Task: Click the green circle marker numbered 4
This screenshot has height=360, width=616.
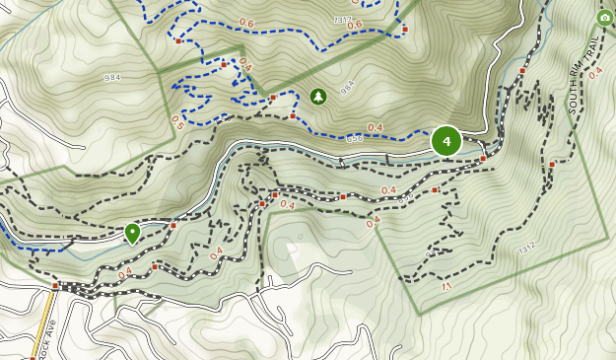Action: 446,141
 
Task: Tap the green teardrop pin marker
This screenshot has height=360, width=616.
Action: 132,233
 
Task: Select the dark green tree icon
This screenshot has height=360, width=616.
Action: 317,96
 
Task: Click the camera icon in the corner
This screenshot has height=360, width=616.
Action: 603,18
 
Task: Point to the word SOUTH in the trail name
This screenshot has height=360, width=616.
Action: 573,100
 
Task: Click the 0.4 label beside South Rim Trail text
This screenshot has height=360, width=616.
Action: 594,73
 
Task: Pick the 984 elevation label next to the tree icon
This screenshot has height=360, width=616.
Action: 346,87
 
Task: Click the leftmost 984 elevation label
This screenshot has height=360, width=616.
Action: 111,77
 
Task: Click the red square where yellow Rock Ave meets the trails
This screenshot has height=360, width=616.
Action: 56,286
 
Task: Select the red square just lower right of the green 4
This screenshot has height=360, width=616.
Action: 483,158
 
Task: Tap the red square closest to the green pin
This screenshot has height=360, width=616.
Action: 172,226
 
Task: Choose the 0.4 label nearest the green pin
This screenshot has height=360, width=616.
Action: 125,273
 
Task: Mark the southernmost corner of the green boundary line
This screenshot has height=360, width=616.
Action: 420,315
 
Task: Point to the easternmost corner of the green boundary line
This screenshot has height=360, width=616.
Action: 607,238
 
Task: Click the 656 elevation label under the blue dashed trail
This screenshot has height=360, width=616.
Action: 356,138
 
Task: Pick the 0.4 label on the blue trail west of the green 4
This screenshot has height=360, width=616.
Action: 375,127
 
